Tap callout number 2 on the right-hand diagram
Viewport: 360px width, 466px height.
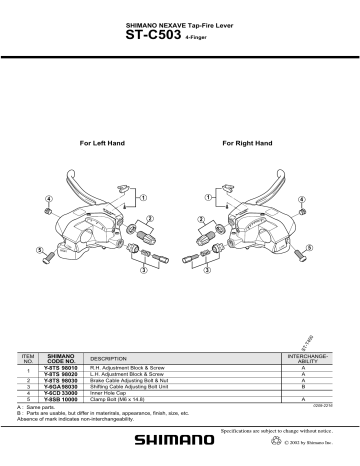point(201,219)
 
